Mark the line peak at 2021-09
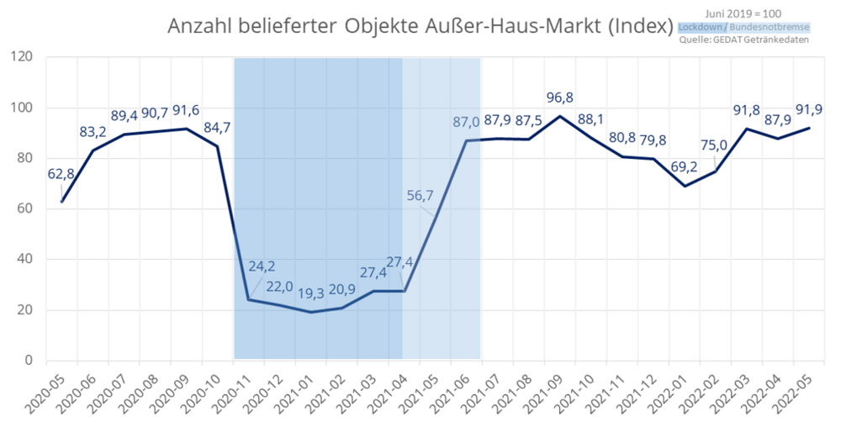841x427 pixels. click(559, 116)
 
